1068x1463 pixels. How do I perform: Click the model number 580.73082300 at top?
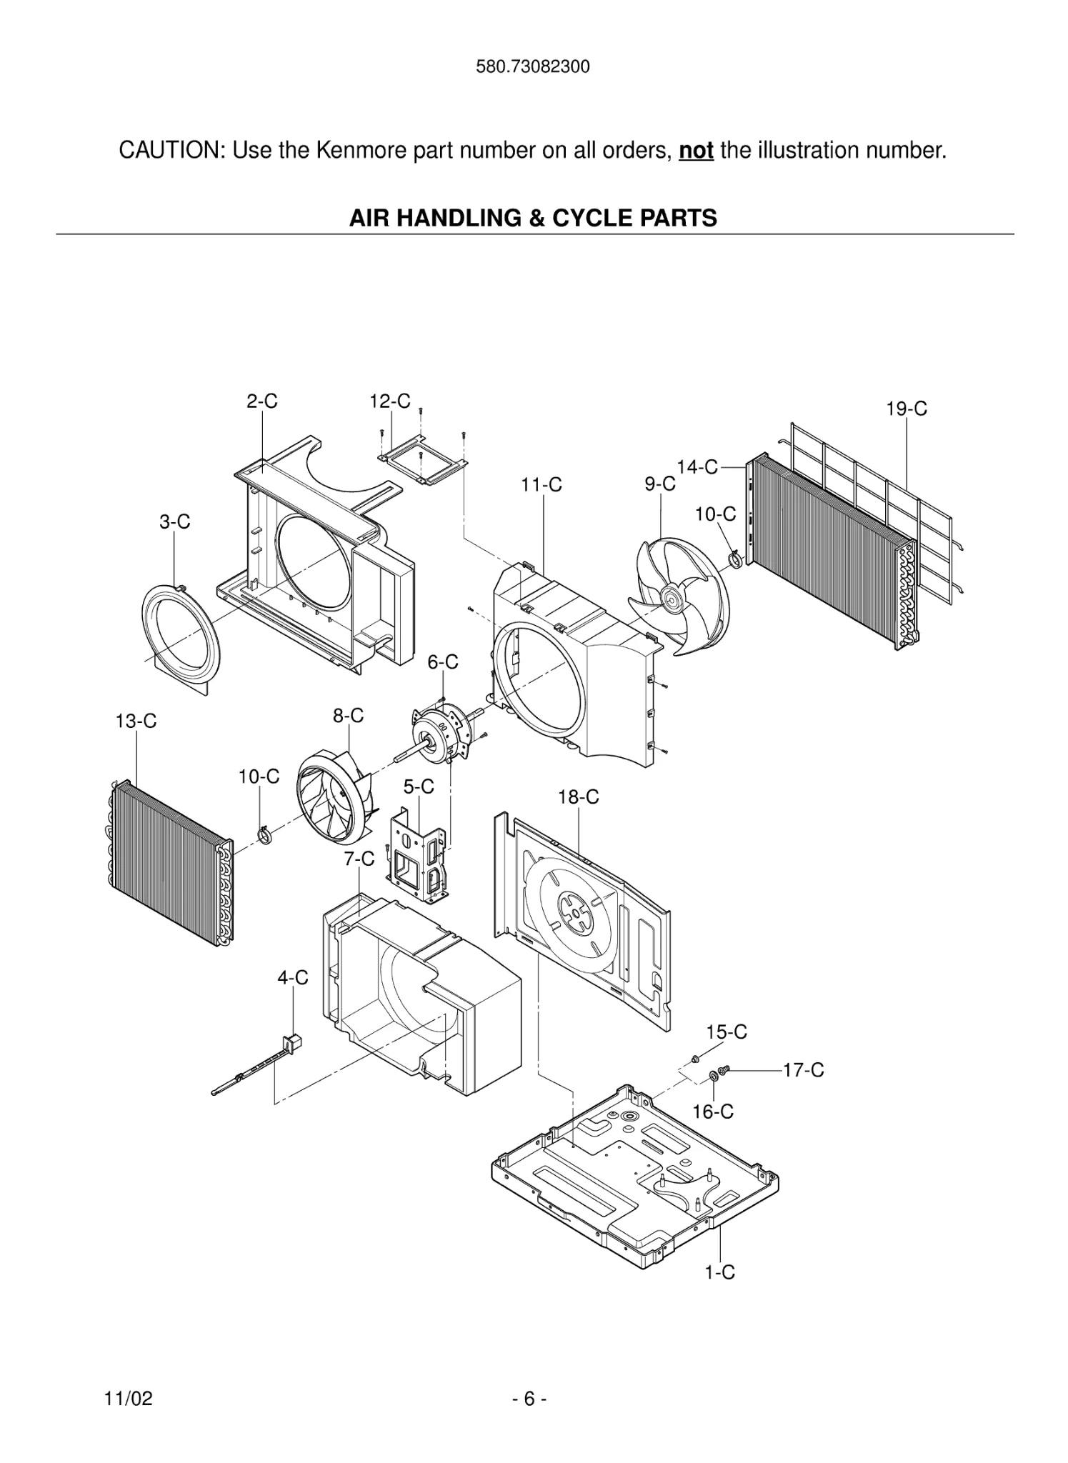533,67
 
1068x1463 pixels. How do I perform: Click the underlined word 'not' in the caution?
696,151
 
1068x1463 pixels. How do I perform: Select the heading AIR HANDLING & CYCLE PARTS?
533,218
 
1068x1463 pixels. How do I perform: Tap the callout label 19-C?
906,409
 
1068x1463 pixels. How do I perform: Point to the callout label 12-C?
389,401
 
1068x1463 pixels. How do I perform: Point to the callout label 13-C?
136,721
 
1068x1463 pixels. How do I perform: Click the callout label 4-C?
293,978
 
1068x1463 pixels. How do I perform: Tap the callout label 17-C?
803,1070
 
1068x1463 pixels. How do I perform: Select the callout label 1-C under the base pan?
719,1272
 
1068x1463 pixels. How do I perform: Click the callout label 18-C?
578,797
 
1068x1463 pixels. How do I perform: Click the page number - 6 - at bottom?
529,1399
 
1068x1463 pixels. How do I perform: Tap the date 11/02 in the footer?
129,1399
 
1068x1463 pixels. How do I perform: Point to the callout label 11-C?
541,485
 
